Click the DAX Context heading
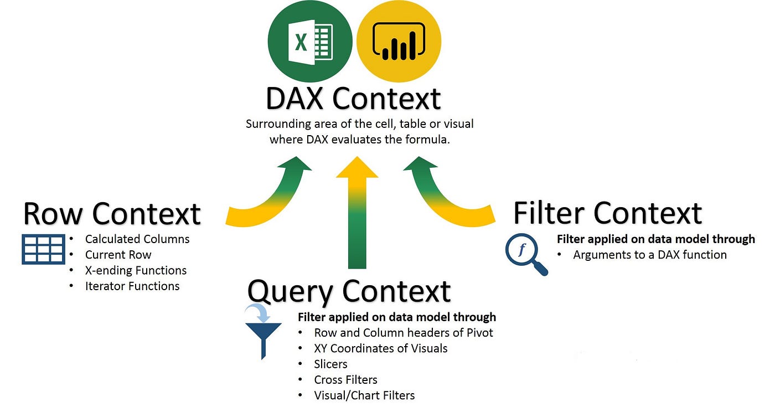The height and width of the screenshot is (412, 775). click(353, 98)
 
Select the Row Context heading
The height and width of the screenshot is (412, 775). click(112, 214)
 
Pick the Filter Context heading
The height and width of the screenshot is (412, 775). click(607, 213)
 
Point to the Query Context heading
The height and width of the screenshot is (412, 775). click(349, 291)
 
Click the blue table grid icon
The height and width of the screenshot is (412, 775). click(43, 249)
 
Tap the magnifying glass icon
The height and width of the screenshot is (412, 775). click(525, 254)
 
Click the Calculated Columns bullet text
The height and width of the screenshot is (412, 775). click(137, 239)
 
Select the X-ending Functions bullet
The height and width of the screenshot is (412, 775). click(136, 270)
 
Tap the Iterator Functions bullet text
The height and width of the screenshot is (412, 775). click(132, 286)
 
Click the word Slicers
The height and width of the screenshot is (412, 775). click(330, 364)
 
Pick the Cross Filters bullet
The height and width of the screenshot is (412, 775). click(345, 379)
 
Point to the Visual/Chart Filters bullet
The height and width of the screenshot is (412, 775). click(364, 395)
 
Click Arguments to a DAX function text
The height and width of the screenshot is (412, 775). click(649, 255)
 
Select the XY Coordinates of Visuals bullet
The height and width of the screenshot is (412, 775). click(380, 348)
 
